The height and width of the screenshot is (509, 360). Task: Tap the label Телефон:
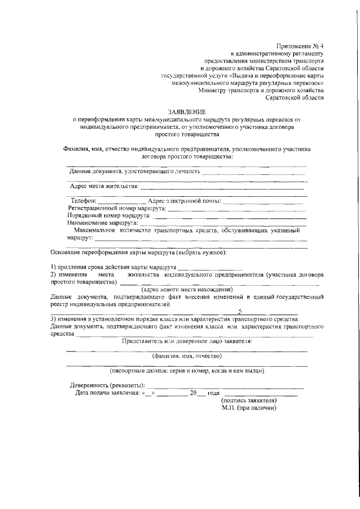pyautogui.click(x=83, y=201)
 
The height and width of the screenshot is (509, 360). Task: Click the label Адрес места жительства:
pyautogui.click(x=103, y=186)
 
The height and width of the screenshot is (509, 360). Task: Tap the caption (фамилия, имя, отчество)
pyautogui.click(x=187, y=355)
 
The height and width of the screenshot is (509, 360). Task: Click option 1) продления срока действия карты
pyautogui.click(x=114, y=267)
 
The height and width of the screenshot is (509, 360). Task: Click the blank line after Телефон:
pyautogui.click(x=121, y=201)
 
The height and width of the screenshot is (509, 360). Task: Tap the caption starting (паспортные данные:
pyautogui.click(x=187, y=371)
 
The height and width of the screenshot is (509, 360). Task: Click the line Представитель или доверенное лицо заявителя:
pyautogui.click(x=187, y=341)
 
